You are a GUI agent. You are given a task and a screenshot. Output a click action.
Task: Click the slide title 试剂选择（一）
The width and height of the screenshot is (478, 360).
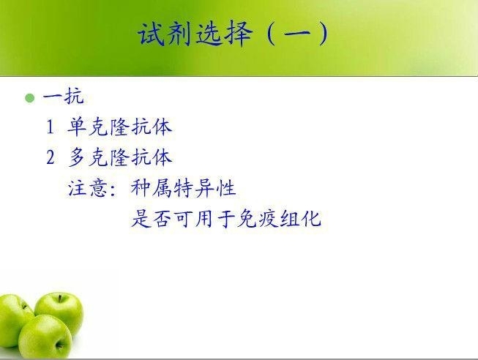234,34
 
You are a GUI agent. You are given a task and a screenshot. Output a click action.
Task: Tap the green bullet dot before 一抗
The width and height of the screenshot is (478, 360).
29,98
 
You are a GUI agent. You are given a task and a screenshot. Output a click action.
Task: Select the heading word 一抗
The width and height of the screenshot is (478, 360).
64,97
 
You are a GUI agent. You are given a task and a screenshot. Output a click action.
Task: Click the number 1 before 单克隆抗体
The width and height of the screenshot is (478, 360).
51,127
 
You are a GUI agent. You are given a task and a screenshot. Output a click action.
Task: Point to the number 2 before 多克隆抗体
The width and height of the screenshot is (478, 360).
51,157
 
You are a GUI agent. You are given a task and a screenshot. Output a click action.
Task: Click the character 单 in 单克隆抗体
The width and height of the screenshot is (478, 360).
77,127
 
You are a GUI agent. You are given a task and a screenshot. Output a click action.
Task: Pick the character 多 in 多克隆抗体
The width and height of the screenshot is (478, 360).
77,157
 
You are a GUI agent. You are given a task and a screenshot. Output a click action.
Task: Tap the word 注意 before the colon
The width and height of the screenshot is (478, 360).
88,188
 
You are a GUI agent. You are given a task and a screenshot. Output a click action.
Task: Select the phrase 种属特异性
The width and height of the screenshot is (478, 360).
184,188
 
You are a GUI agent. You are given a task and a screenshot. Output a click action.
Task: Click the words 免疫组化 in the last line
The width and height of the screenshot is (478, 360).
279,218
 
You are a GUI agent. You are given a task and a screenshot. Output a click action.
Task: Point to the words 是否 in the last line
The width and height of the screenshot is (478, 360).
152,218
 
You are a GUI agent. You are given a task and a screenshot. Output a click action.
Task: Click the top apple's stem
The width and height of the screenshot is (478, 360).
61,299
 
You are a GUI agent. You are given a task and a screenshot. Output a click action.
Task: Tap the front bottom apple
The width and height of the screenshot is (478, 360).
45,337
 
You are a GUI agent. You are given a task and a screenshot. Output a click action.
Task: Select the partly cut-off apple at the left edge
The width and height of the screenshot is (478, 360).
14,320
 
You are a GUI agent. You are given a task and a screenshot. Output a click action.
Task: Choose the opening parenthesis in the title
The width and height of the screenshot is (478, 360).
270,34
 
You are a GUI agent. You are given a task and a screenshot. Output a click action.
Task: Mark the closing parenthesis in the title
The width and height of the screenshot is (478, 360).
323,34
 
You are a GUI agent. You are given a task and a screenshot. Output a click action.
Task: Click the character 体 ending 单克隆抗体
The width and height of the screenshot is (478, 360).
163,127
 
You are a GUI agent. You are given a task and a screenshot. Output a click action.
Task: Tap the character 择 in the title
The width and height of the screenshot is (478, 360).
239,34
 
